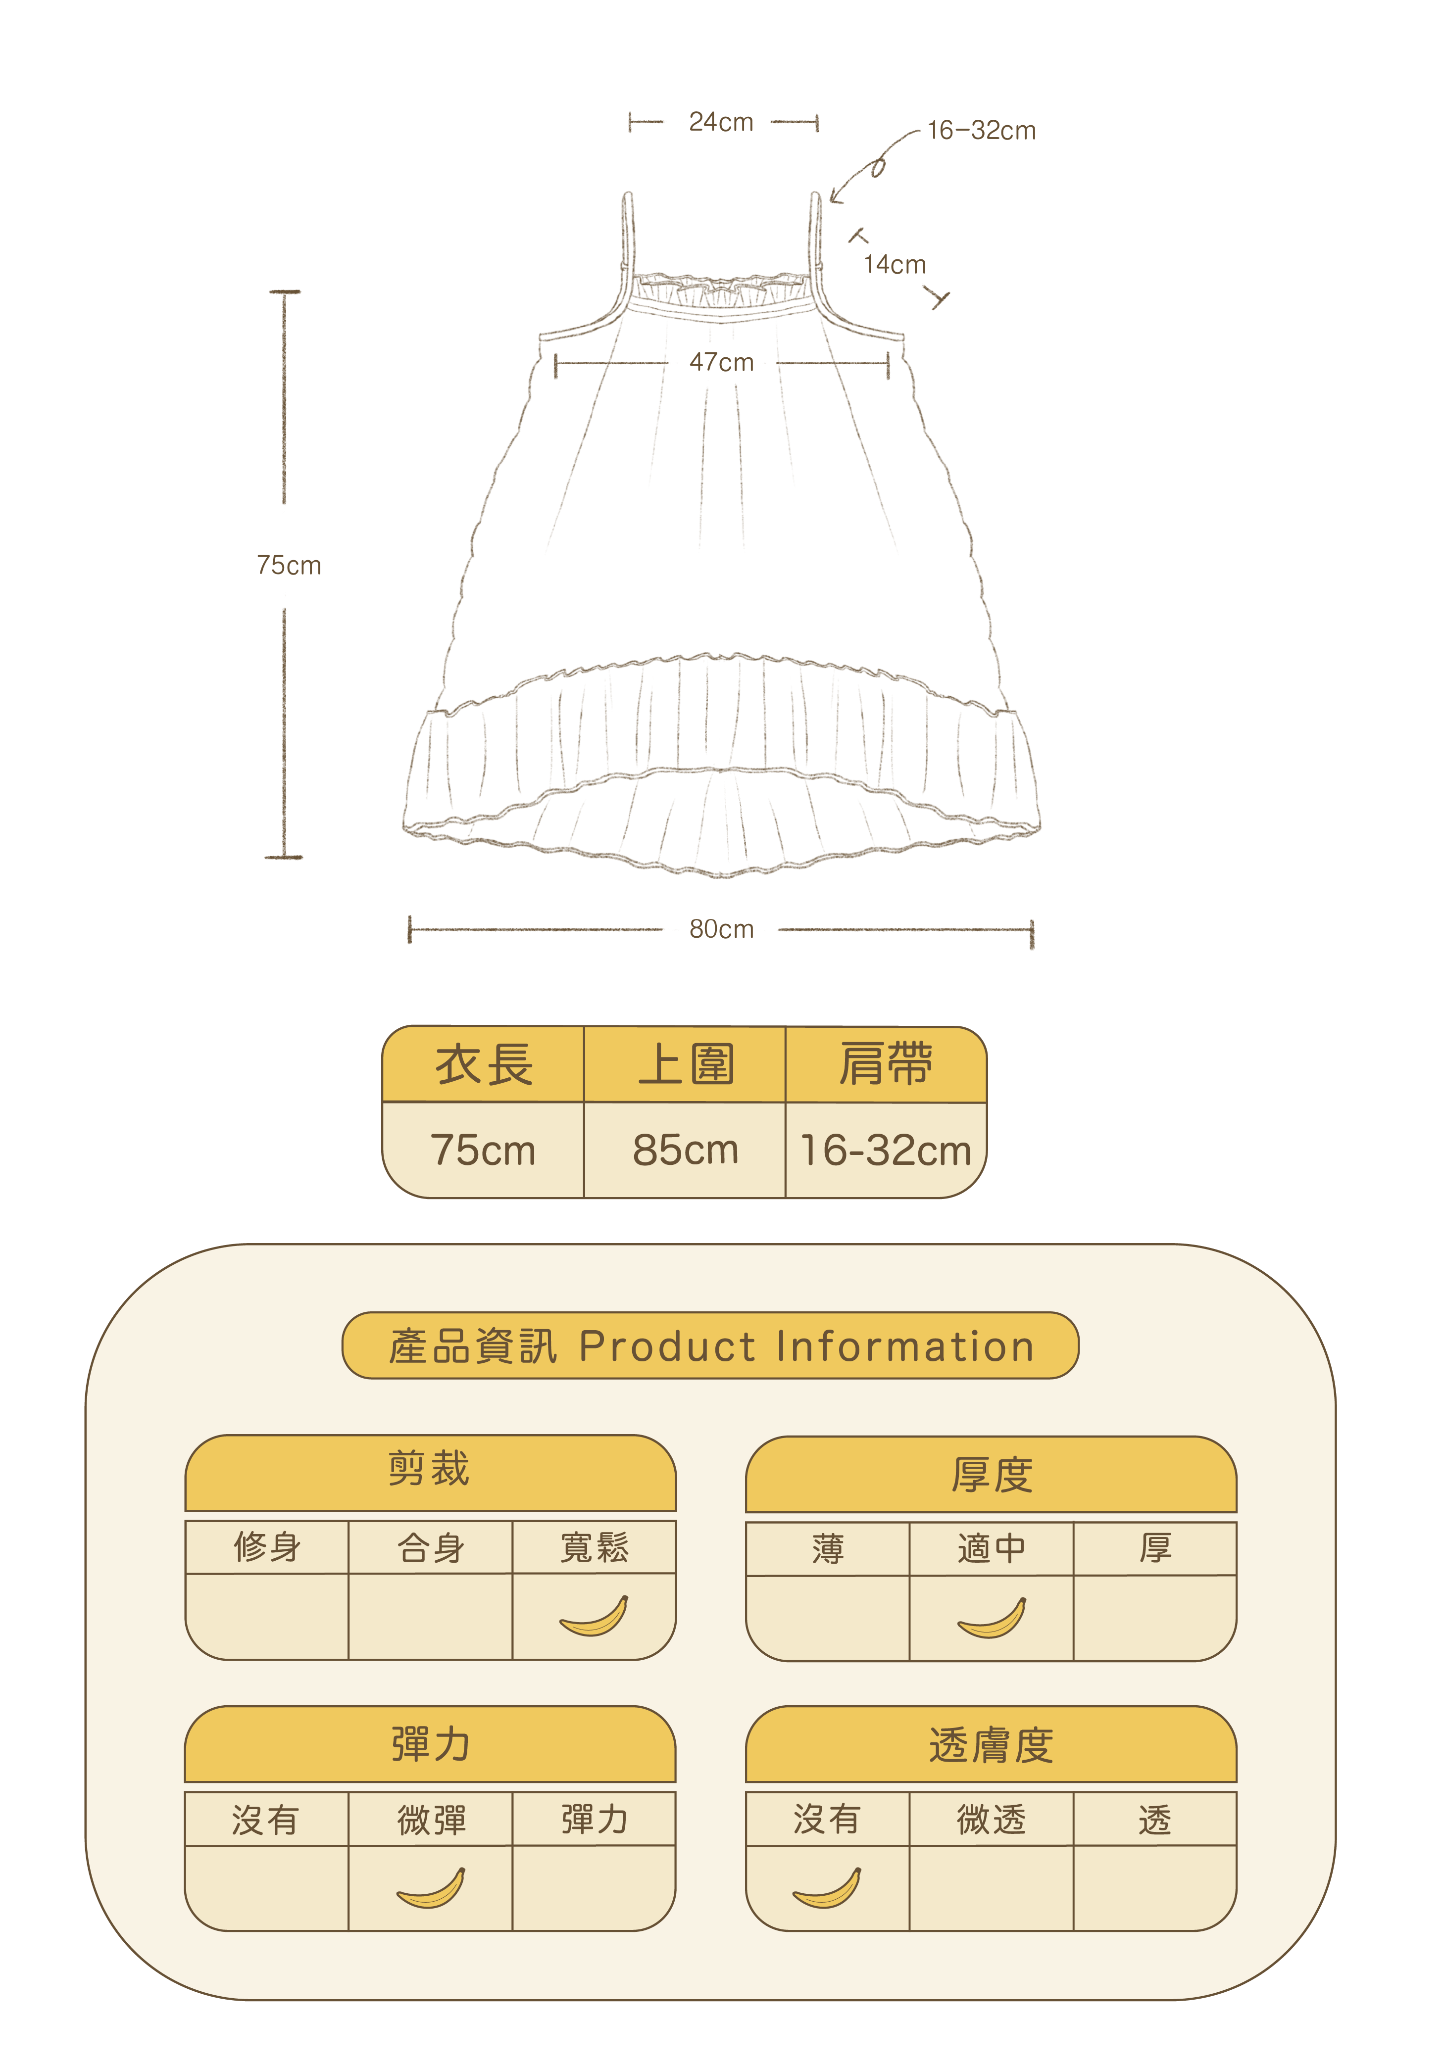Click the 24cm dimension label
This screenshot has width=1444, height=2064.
(x=721, y=122)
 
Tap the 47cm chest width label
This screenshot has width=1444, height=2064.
(x=721, y=362)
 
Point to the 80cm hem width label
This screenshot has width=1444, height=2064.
(x=721, y=929)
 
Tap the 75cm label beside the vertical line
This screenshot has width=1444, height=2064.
(x=289, y=566)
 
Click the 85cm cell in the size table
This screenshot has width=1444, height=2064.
(x=685, y=1150)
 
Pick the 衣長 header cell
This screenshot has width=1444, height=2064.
(x=484, y=1065)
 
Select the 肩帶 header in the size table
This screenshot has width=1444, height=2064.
(x=886, y=1065)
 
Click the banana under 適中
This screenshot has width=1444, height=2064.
(x=991, y=1618)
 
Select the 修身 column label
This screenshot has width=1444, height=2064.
(x=267, y=1547)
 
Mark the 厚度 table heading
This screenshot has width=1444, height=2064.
(x=991, y=1474)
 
